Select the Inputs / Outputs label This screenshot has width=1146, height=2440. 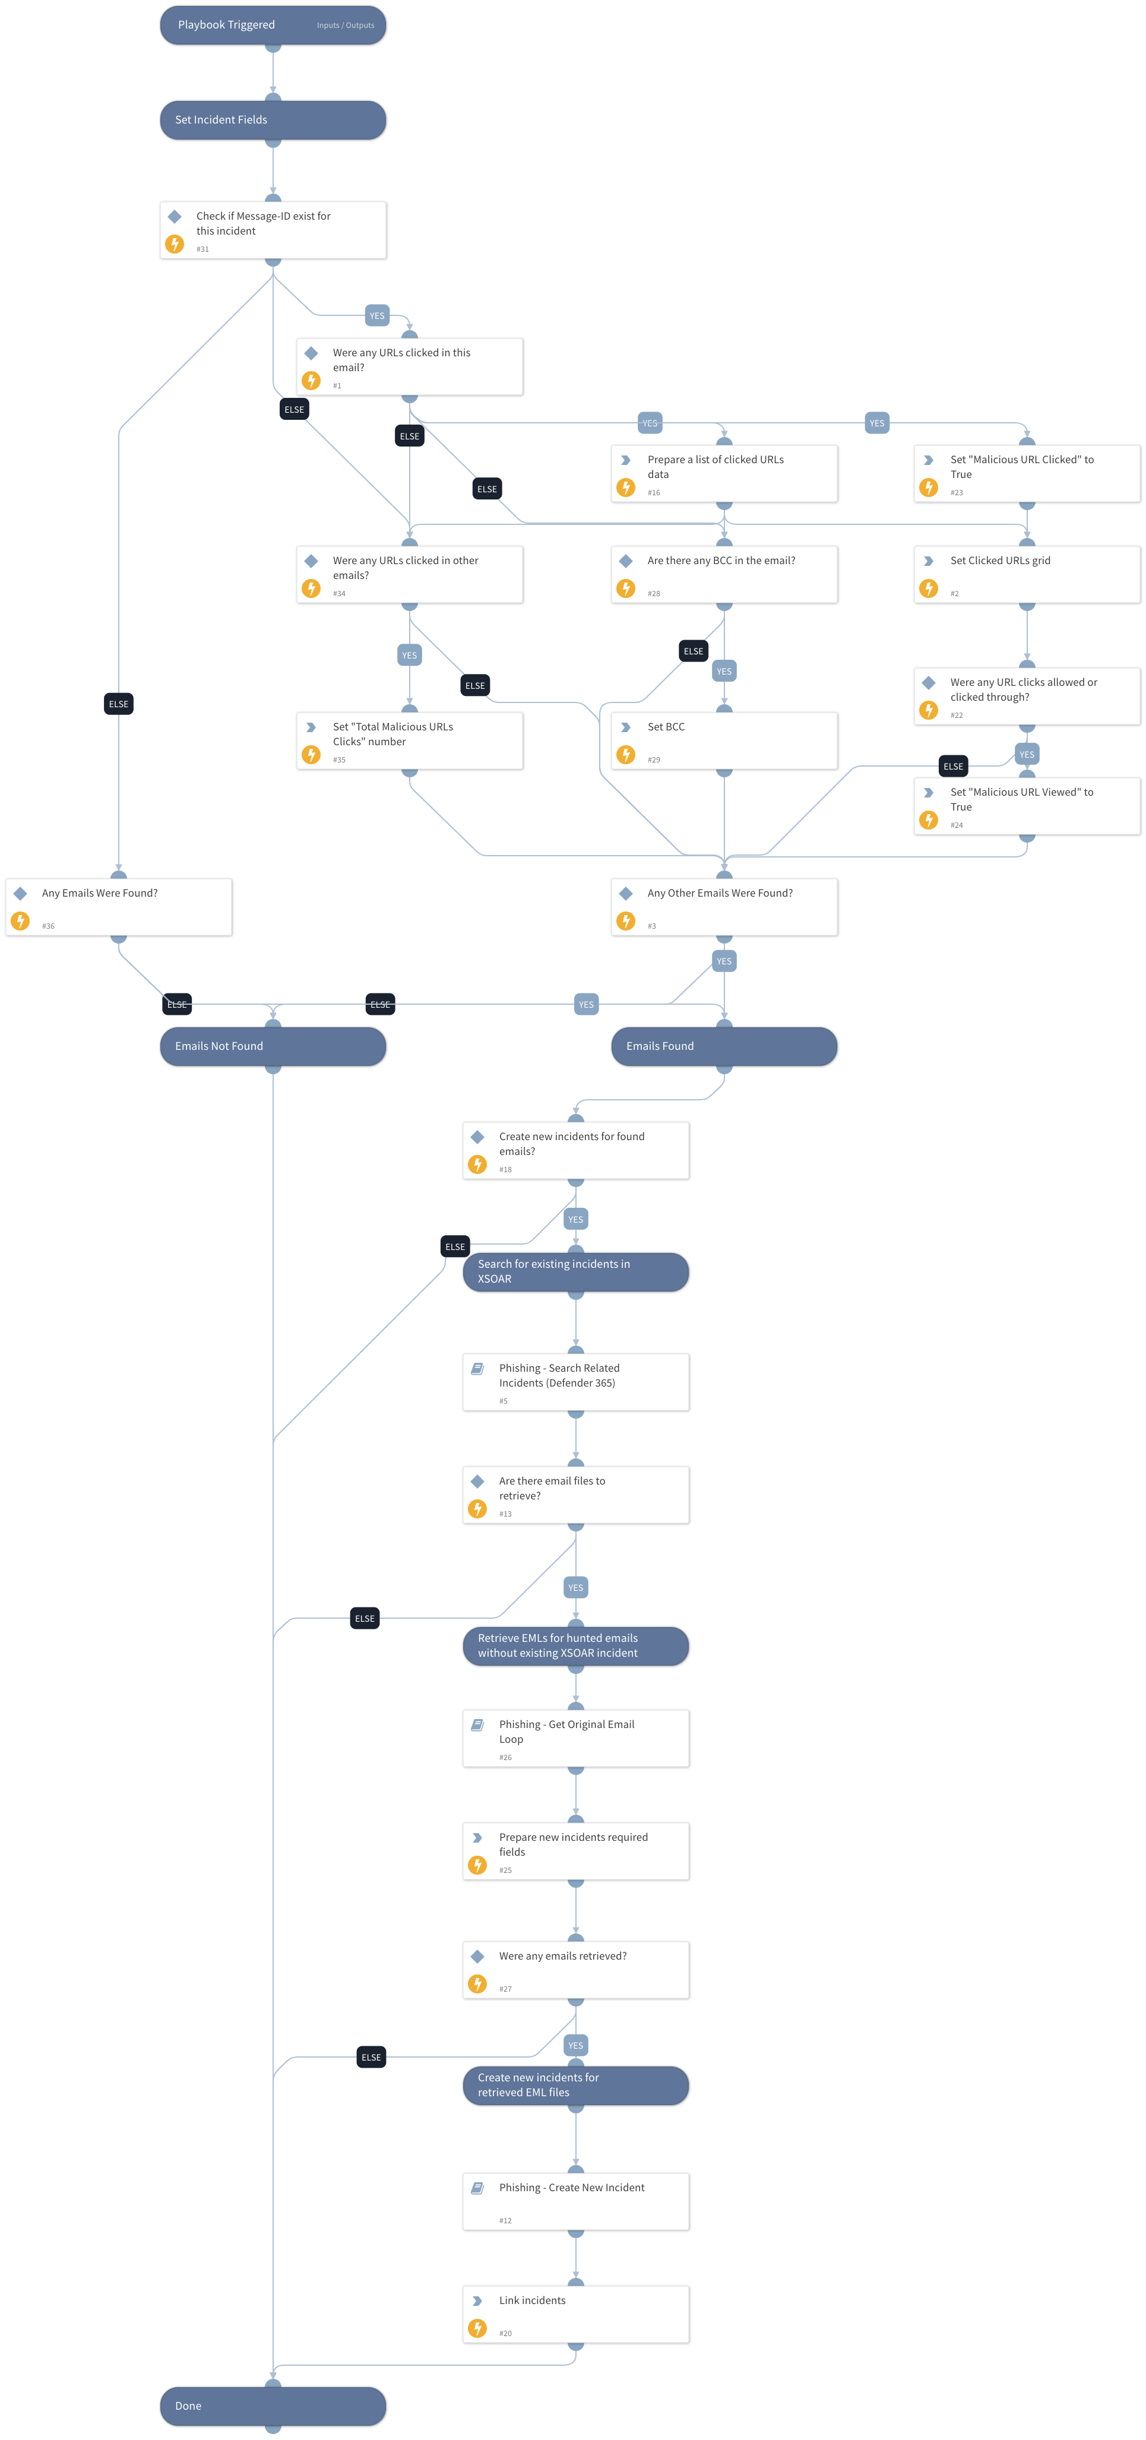point(345,26)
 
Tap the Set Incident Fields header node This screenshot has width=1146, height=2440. point(272,121)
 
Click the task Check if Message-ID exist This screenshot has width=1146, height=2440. point(272,230)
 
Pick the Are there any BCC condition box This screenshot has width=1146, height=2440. point(724,574)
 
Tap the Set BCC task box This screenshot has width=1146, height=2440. point(724,740)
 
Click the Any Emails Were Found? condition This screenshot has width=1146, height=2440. point(118,907)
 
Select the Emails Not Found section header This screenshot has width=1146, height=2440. point(272,1046)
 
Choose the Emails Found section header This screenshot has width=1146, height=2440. point(724,1046)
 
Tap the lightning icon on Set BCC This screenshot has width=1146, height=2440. point(626,755)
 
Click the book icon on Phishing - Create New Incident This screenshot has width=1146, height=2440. point(477,2187)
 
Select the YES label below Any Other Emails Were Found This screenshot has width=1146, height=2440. point(724,961)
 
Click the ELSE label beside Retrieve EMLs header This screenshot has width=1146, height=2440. point(365,1618)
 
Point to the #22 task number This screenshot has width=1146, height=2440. point(957,715)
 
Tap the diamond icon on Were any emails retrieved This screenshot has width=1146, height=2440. point(477,1956)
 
